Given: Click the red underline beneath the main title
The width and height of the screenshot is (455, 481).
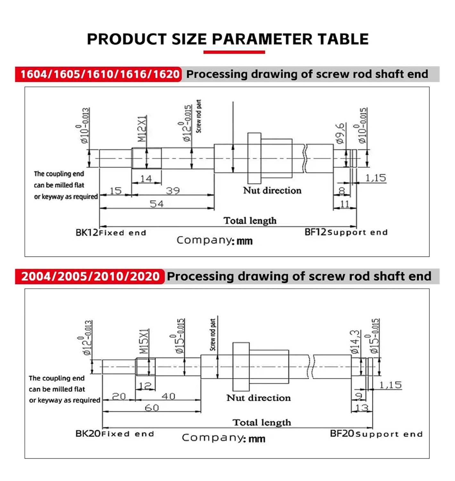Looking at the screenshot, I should [x=234, y=52].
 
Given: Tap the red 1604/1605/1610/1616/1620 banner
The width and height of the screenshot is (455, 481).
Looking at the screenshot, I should [x=98, y=74].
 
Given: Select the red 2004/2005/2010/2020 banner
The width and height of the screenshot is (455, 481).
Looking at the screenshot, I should [x=90, y=276].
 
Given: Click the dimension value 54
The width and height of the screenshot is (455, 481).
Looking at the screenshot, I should [x=156, y=204].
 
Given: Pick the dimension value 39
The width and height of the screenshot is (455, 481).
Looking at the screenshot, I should [x=173, y=191].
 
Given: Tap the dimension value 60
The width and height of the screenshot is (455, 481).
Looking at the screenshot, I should [x=152, y=408].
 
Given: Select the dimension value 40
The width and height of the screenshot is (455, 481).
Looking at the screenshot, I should [x=168, y=396].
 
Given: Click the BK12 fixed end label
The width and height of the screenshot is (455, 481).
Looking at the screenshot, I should [x=111, y=232].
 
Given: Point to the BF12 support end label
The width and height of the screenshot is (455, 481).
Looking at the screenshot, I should [x=346, y=232].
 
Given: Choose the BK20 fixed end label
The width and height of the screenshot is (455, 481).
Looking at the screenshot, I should [x=114, y=434].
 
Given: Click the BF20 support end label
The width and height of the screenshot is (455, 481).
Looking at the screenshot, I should [x=376, y=434].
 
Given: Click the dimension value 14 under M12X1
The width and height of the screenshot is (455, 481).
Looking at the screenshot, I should [x=146, y=178].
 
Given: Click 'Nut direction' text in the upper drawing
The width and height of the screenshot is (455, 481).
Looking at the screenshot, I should [x=272, y=190].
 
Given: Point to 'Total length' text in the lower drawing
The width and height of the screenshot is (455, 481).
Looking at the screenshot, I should [x=262, y=422].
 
